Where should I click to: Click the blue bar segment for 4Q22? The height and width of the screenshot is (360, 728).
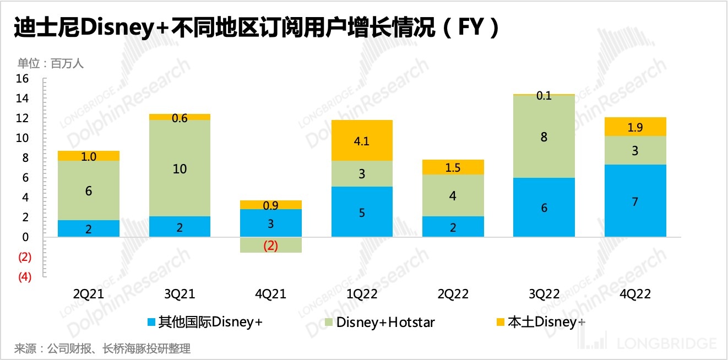click(635, 201)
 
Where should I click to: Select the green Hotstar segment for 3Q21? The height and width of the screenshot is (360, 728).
click(180, 168)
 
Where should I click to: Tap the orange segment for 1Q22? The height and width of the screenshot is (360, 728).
click(362, 140)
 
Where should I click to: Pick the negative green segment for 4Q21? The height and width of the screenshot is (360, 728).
click(270, 245)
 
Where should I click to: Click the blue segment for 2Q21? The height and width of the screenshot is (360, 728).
click(89, 228)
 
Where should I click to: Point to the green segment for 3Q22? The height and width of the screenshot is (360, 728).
click(544, 137)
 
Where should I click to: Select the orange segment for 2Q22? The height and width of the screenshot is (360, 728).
click(453, 167)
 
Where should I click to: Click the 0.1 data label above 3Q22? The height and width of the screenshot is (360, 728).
click(544, 96)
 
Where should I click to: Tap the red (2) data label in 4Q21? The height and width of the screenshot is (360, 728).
click(270, 246)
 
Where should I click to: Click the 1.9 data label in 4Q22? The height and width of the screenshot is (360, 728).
click(635, 128)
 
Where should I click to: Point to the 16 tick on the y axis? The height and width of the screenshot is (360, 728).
click(23, 79)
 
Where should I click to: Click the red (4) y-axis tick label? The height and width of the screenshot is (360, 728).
click(25, 277)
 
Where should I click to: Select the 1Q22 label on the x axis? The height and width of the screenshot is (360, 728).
click(362, 294)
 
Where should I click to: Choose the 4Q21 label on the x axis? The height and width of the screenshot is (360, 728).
click(270, 294)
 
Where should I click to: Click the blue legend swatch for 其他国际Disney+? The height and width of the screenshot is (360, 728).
click(151, 321)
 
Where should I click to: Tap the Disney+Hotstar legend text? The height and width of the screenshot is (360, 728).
click(385, 322)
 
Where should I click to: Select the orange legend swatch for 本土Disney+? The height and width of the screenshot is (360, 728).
click(500, 321)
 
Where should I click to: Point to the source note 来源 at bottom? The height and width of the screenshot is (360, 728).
click(102, 348)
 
